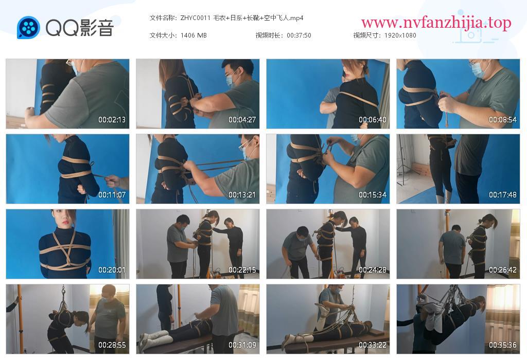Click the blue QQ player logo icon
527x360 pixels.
[28, 28]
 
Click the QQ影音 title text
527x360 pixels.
[80, 28]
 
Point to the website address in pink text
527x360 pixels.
[436, 23]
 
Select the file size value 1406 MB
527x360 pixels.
[194, 35]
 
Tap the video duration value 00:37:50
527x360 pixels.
[299, 35]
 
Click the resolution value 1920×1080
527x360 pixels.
[400, 35]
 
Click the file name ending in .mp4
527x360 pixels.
[242, 18]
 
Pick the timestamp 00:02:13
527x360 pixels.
[112, 119]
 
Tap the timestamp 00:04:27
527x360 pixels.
[242, 119]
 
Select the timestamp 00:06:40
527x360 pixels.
[373, 119]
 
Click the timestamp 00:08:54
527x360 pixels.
[503, 119]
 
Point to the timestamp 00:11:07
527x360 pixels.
[112, 195]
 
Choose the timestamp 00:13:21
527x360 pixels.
[242, 195]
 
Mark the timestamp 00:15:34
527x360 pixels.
[373, 195]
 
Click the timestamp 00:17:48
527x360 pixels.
[503, 195]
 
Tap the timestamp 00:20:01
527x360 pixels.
[112, 270]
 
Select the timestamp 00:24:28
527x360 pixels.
[373, 270]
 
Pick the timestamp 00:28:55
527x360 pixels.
[112, 345]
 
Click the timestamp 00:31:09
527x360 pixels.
[242, 345]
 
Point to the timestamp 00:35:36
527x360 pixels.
[503, 345]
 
